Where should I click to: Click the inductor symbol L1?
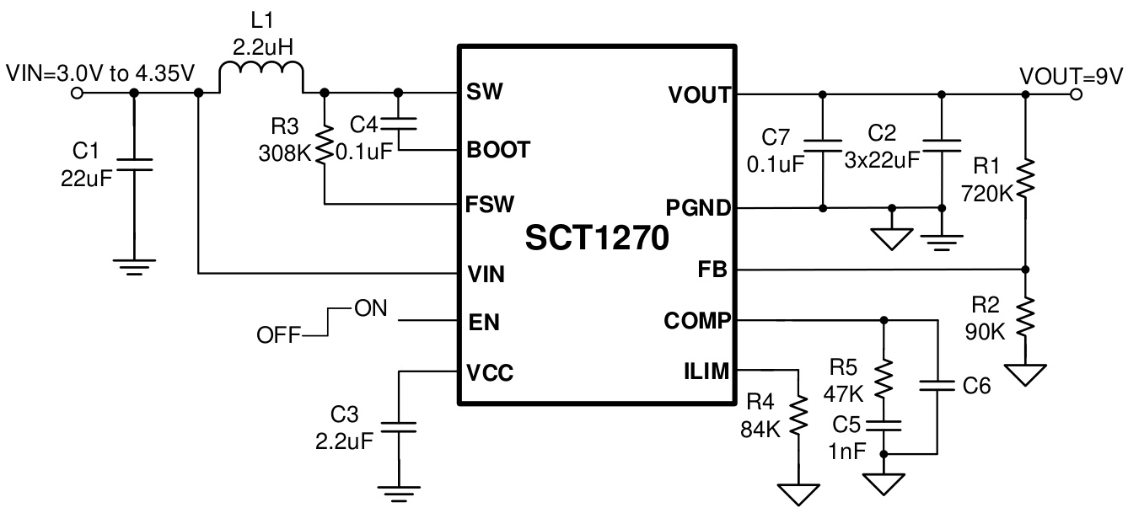coord(261,77)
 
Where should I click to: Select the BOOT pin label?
coord(498,150)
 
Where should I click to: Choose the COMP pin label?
coord(697,320)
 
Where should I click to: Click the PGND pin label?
coord(699,207)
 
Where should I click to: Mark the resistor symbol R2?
coord(1025,319)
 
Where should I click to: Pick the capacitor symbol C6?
coord(937,386)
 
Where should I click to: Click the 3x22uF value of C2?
coord(882,159)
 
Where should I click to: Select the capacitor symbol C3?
coord(400,428)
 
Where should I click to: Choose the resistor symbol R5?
coord(884,379)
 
